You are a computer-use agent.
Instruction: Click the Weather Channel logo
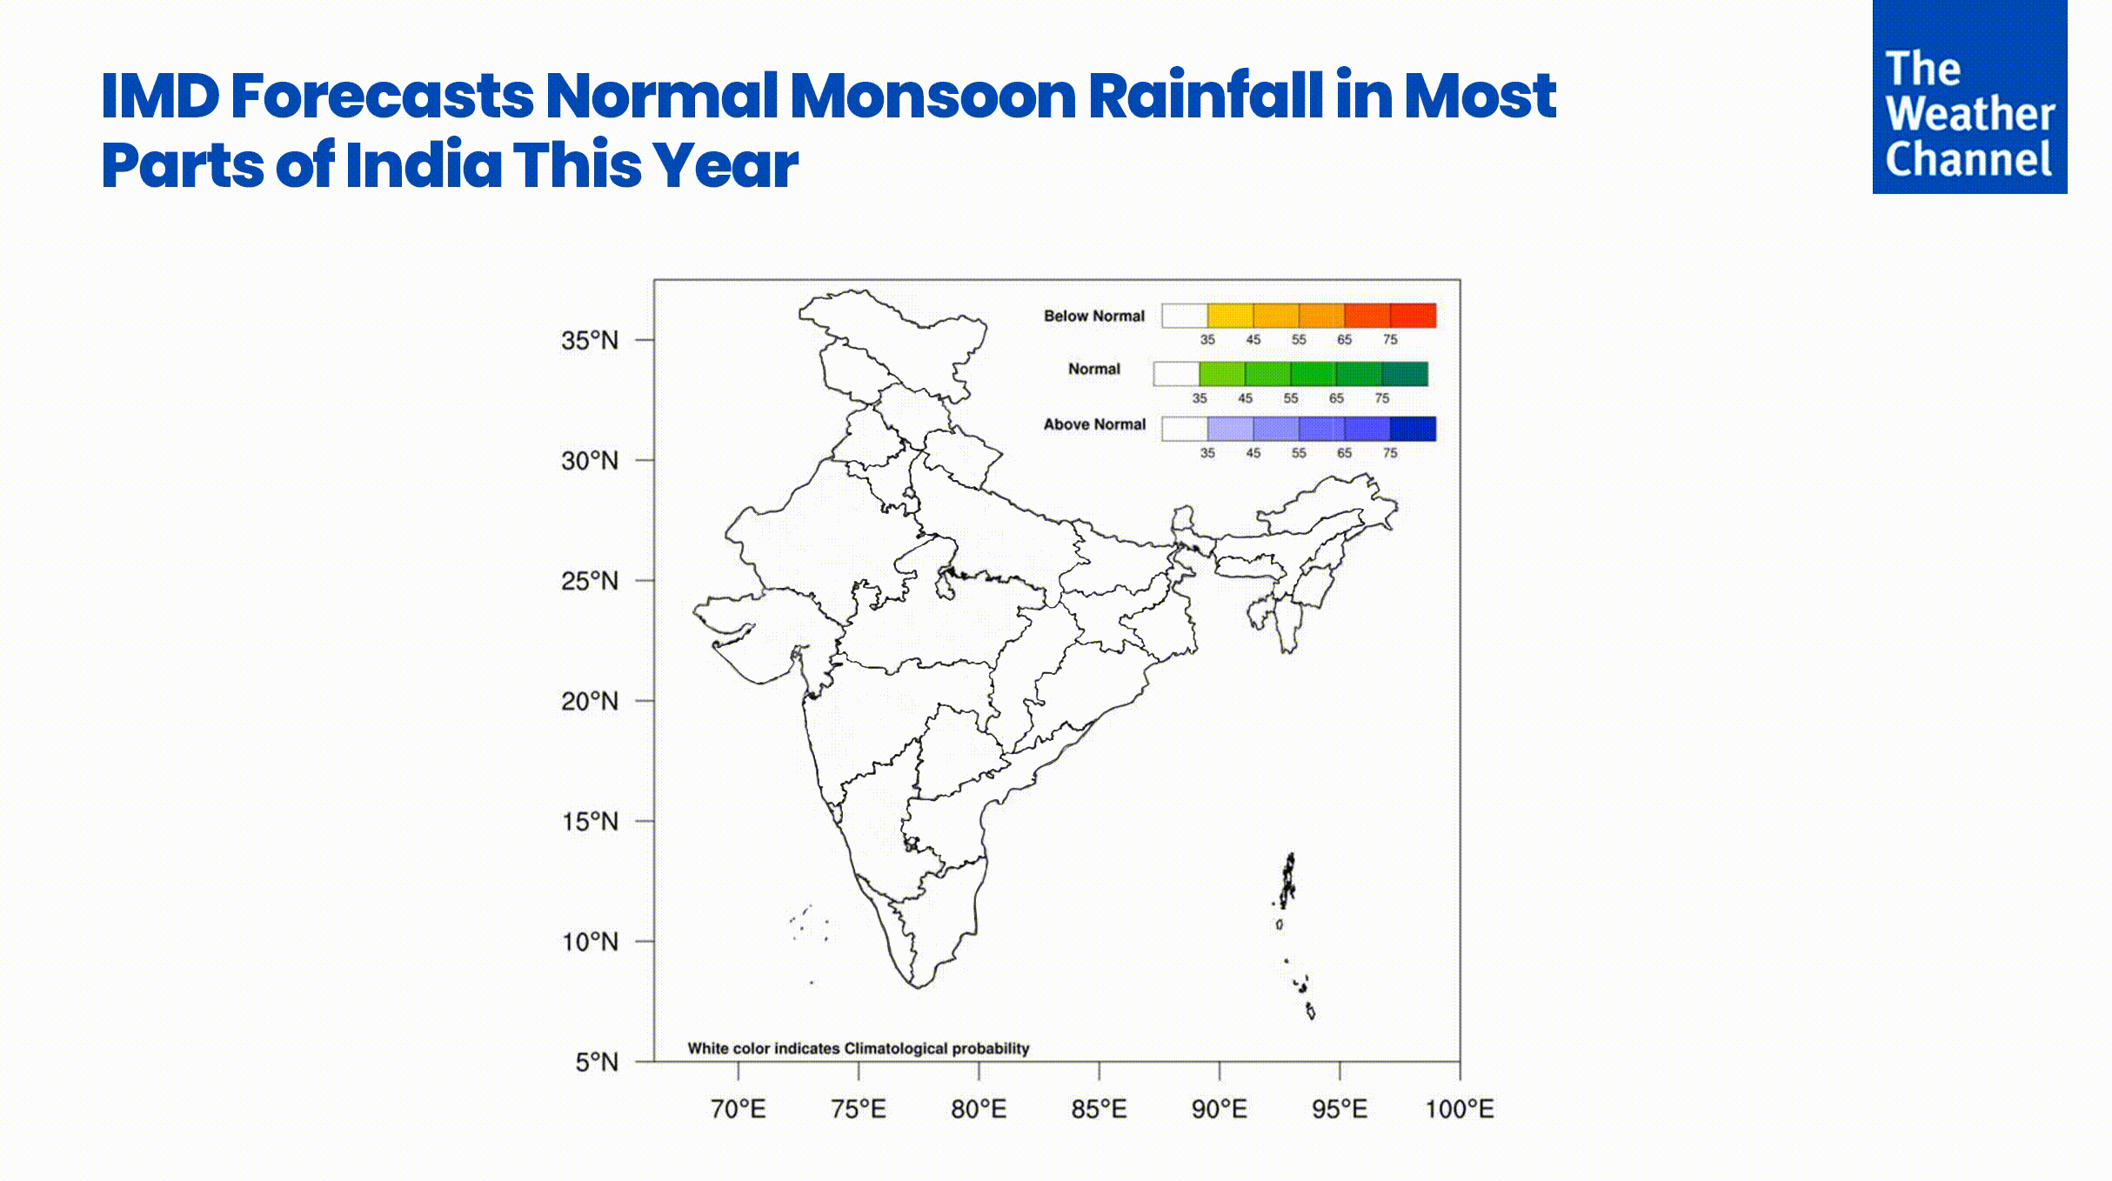(x=1969, y=97)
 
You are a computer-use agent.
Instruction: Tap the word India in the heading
(x=424, y=164)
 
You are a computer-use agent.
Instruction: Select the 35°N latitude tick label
(x=590, y=340)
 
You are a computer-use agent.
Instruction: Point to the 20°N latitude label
(x=590, y=701)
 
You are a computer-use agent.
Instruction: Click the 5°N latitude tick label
(x=597, y=1062)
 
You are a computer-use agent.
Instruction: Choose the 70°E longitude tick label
(x=739, y=1109)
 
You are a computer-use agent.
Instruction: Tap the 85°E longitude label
(x=1099, y=1109)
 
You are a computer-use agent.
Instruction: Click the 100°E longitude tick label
(x=1459, y=1109)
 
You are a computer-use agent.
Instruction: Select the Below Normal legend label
(x=1093, y=316)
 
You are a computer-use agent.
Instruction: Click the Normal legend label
(x=1093, y=369)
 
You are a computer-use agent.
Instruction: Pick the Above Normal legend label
(x=1094, y=424)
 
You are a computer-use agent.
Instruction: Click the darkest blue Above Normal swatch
(x=1413, y=429)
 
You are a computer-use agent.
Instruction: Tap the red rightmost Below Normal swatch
(x=1413, y=316)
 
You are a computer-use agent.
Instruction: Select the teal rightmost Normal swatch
(x=1405, y=374)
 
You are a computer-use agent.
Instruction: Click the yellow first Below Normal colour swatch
(x=1230, y=316)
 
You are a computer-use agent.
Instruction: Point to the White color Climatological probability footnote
(x=858, y=1048)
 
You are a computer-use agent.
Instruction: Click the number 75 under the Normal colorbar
(x=1382, y=398)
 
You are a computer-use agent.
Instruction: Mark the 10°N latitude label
(x=590, y=942)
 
